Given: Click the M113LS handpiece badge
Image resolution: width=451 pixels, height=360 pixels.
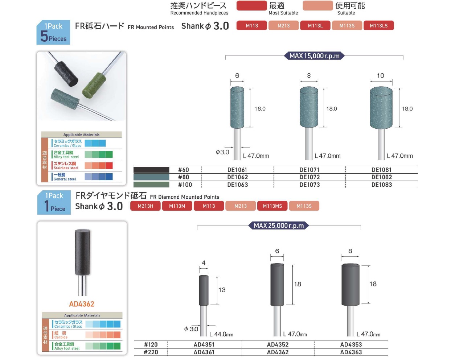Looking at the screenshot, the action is click(x=378, y=25).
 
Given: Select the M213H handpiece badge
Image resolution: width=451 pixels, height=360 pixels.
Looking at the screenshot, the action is click(x=145, y=206).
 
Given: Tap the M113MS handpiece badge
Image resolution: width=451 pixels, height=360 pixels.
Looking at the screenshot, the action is click(x=272, y=206).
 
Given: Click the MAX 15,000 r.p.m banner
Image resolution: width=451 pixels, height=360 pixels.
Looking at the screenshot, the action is click(x=314, y=56).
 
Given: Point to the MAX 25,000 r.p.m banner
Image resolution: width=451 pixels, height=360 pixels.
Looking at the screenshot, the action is click(x=279, y=225).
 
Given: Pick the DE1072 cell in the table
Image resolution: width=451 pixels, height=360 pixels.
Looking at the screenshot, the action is click(x=309, y=177).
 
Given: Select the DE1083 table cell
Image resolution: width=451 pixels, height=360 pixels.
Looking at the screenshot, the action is click(x=382, y=185).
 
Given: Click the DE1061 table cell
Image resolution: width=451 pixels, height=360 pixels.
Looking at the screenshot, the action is click(x=237, y=170).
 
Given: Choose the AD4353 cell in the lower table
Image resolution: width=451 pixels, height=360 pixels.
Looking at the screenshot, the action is click(x=351, y=344).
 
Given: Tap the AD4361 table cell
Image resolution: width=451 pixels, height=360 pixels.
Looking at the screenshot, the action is click(x=204, y=352).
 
